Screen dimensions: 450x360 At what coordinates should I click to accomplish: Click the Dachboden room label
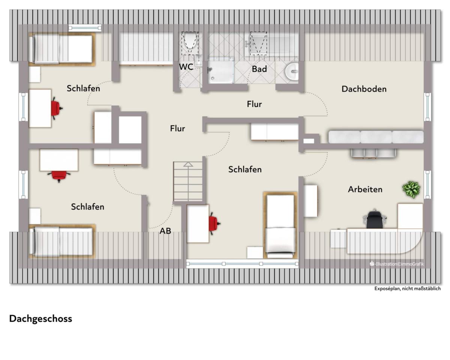364,89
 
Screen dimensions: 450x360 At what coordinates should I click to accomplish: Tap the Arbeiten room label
365,189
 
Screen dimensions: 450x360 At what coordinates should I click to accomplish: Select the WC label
186,67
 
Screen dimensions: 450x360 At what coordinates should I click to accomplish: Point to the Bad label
259,69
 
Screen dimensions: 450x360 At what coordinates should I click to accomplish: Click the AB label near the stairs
165,231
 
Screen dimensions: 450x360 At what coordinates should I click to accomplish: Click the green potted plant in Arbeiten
411,189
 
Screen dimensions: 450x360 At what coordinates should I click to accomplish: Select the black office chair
375,219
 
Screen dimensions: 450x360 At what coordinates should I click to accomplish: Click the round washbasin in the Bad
292,72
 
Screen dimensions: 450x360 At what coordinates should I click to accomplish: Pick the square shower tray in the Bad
220,70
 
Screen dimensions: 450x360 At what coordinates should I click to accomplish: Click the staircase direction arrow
188,165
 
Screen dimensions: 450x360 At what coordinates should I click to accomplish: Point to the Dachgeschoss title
40,319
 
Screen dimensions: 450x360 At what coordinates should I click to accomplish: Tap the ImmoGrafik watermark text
397,264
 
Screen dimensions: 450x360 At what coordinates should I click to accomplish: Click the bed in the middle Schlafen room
280,225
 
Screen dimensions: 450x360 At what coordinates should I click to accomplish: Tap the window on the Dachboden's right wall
427,106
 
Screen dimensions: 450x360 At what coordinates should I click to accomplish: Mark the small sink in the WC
198,61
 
